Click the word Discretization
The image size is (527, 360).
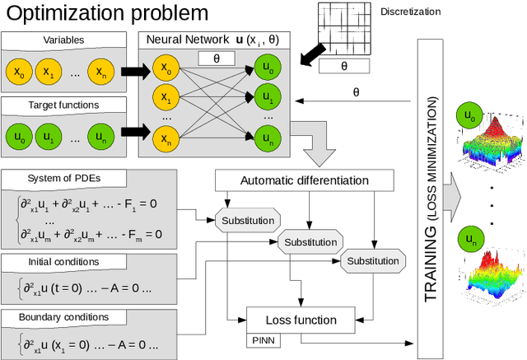(412, 13)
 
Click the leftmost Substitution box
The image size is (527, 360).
(247, 220)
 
